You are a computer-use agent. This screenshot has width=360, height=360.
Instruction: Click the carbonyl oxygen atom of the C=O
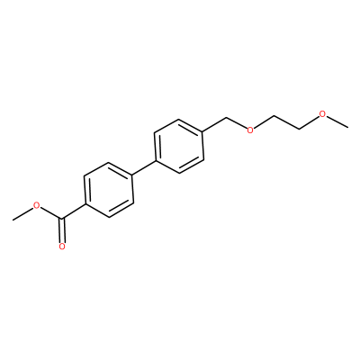pyautogui.click(x=62, y=247)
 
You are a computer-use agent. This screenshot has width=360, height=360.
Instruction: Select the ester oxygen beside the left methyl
pyautogui.click(x=37, y=205)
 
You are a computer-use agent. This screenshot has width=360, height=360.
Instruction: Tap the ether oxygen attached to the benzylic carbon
pyautogui.click(x=250, y=130)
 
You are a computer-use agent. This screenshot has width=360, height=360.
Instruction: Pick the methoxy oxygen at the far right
pyautogui.click(x=322, y=114)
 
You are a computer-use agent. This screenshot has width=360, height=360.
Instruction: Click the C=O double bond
pyautogui.click(x=62, y=230)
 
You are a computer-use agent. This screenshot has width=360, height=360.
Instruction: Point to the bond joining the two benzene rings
pyautogui.click(x=144, y=168)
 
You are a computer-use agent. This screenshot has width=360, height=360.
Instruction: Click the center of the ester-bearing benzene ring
pyautogui.click(x=109, y=190)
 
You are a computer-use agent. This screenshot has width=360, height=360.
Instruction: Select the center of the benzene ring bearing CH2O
pyautogui.click(x=179, y=146)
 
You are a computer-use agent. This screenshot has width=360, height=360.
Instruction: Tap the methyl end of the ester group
pyautogui.click(x=13, y=220)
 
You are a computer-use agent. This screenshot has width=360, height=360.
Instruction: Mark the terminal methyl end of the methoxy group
pyautogui.click(x=348, y=128)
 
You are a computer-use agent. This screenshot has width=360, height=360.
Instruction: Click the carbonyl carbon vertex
pyautogui.click(x=62, y=220)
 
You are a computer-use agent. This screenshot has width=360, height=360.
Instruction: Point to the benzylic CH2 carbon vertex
pyautogui.click(x=227, y=118)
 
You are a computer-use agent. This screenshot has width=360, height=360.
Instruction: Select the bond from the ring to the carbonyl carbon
pyautogui.click(x=74, y=211)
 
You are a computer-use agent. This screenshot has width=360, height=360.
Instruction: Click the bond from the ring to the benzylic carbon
pyautogui.click(x=215, y=125)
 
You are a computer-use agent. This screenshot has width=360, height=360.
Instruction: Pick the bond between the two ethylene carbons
pyautogui.click(x=287, y=122)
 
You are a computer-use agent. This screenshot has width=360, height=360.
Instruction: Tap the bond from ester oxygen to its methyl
pyautogui.click(x=23, y=214)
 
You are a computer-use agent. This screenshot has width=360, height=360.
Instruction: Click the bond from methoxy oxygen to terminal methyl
pyautogui.click(x=337, y=121)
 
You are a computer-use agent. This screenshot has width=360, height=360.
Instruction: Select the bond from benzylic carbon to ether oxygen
pyautogui.click(x=237, y=123)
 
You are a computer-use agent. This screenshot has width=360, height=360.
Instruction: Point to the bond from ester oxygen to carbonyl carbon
pyautogui.click(x=51, y=213)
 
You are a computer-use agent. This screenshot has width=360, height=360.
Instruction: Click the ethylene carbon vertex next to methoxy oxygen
pyautogui.click(x=300, y=130)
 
